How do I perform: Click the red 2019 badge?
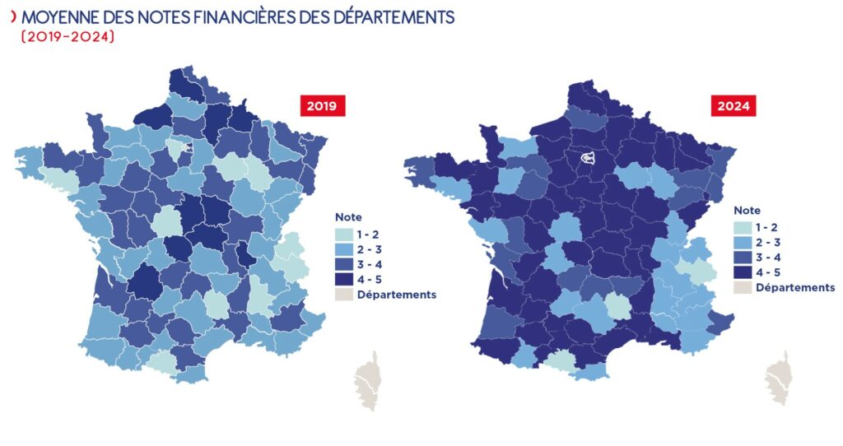tap(322, 106)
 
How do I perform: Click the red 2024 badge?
tap(732, 106)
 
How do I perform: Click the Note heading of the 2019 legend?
tap(347, 217)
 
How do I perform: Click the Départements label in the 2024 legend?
tap(795, 287)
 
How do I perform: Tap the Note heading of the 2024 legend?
tap(747, 211)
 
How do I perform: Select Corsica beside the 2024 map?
tap(777, 383)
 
